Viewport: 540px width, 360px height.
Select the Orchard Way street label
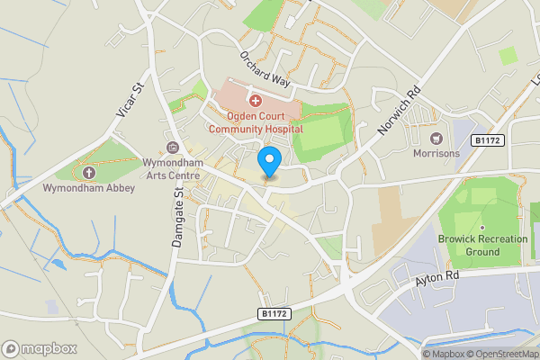[265, 67]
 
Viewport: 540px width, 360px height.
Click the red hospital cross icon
[255, 100]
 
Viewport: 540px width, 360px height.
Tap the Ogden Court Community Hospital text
[255, 122]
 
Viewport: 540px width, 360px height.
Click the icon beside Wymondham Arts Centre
[174, 148]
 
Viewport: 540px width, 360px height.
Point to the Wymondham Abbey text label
[88, 188]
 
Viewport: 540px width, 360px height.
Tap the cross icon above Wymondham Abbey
[88, 172]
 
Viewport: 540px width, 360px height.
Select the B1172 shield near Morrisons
[487, 140]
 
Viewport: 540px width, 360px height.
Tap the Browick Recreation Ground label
[481, 246]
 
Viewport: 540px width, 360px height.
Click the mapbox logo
[40, 348]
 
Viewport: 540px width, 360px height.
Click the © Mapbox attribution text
[443, 354]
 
